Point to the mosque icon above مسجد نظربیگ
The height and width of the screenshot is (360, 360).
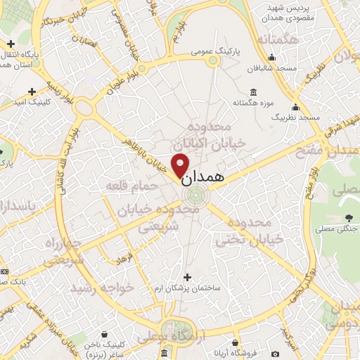click(x=296, y=108)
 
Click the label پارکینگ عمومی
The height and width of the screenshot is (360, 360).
click(x=217, y=51)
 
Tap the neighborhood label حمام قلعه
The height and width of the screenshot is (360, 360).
click(x=126, y=185)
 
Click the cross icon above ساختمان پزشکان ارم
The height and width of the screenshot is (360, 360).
click(x=186, y=276)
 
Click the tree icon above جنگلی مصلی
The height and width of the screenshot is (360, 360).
click(x=349, y=217)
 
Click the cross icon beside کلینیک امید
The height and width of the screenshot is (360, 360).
click(x=31, y=91)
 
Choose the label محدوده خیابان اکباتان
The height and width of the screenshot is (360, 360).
click(x=217, y=134)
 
